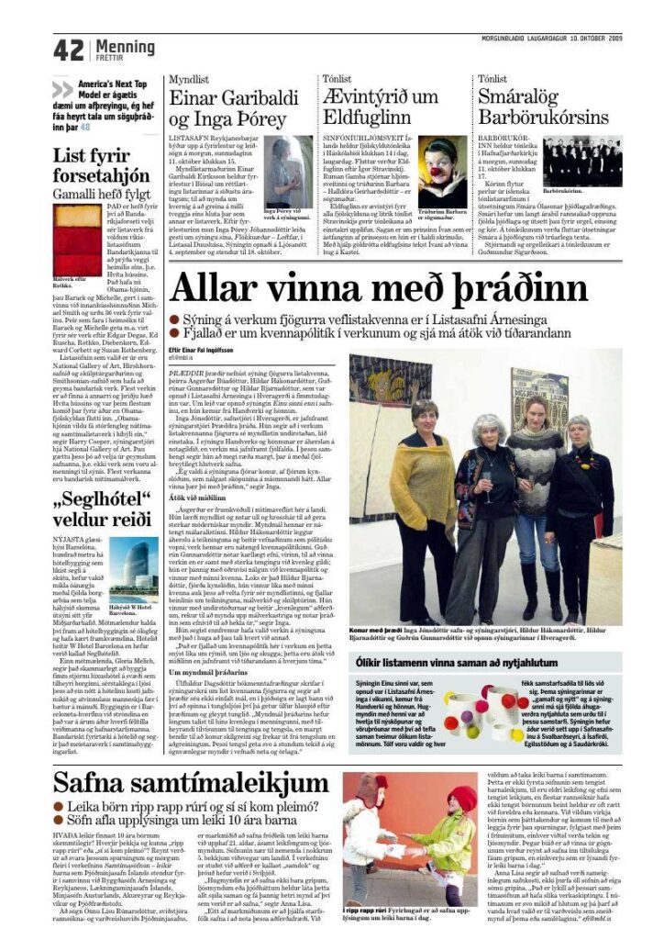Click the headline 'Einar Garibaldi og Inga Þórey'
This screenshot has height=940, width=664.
tap(235, 108)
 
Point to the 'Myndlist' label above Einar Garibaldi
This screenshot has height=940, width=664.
tap(187, 79)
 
